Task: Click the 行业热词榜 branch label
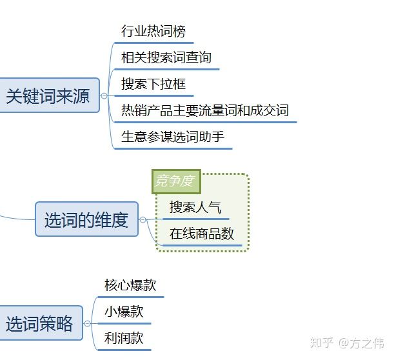[x=153, y=30]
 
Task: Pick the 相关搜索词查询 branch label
[x=166, y=57]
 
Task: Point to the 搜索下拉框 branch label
[x=153, y=84]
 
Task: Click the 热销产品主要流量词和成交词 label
[x=204, y=110]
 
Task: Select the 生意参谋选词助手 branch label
[x=173, y=137]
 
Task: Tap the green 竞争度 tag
[x=175, y=181]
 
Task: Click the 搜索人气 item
[x=195, y=208]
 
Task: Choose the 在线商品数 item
[x=201, y=234]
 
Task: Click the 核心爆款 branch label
[x=130, y=285]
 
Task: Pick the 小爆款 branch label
[x=124, y=312]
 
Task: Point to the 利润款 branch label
[x=124, y=337]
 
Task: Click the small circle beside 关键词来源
[x=104, y=96]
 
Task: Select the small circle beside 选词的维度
[x=143, y=220]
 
